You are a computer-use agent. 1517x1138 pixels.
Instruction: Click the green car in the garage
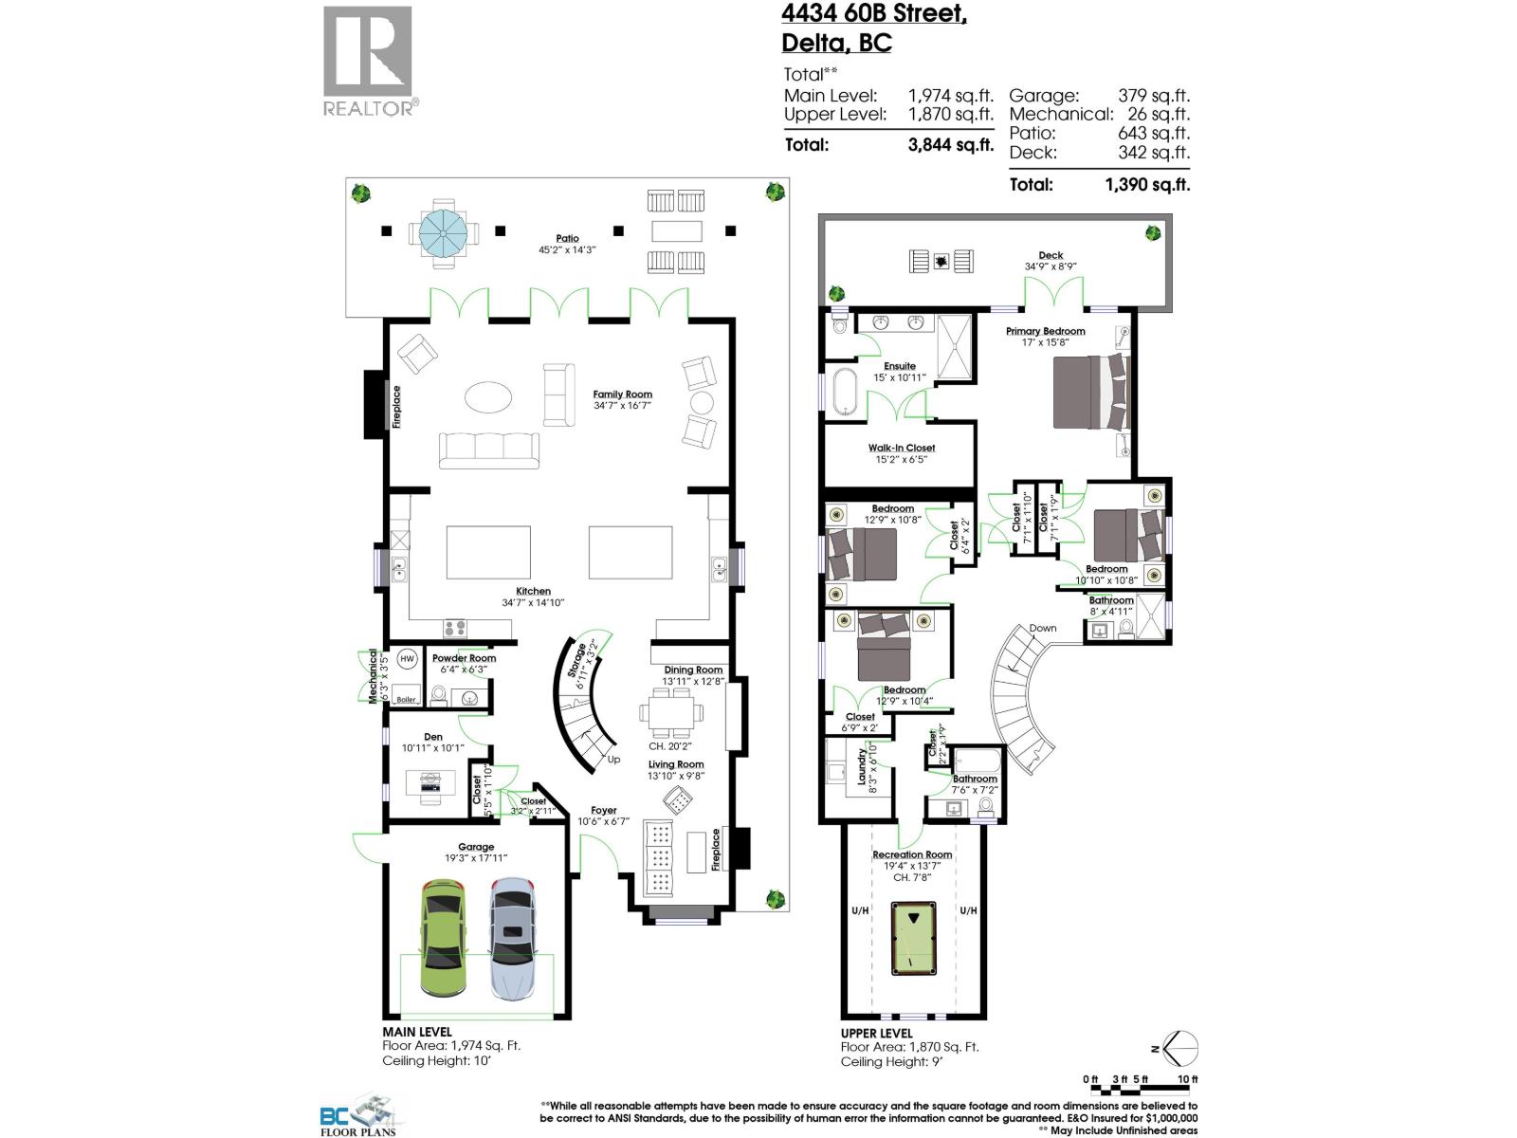coord(443,939)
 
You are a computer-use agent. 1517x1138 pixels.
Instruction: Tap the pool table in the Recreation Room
coord(913,938)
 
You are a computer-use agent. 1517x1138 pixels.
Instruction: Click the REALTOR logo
coord(369,62)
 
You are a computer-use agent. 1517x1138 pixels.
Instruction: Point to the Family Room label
coord(622,395)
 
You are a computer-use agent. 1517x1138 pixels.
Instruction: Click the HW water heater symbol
coord(408,658)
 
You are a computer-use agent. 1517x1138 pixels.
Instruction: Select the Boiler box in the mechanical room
coord(407,698)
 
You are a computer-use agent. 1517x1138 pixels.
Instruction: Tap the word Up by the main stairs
coord(613,760)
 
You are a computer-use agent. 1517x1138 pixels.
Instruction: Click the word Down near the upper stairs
coord(1043,628)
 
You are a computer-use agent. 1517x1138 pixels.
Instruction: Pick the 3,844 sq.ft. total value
coord(951,145)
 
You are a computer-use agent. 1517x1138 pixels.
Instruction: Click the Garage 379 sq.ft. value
coord(1154,96)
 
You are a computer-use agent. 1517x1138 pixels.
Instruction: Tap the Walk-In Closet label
coord(902,448)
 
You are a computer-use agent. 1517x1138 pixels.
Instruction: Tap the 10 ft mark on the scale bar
coord(1188,1079)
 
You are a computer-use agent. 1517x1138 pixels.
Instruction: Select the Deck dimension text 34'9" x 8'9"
coord(1051,266)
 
